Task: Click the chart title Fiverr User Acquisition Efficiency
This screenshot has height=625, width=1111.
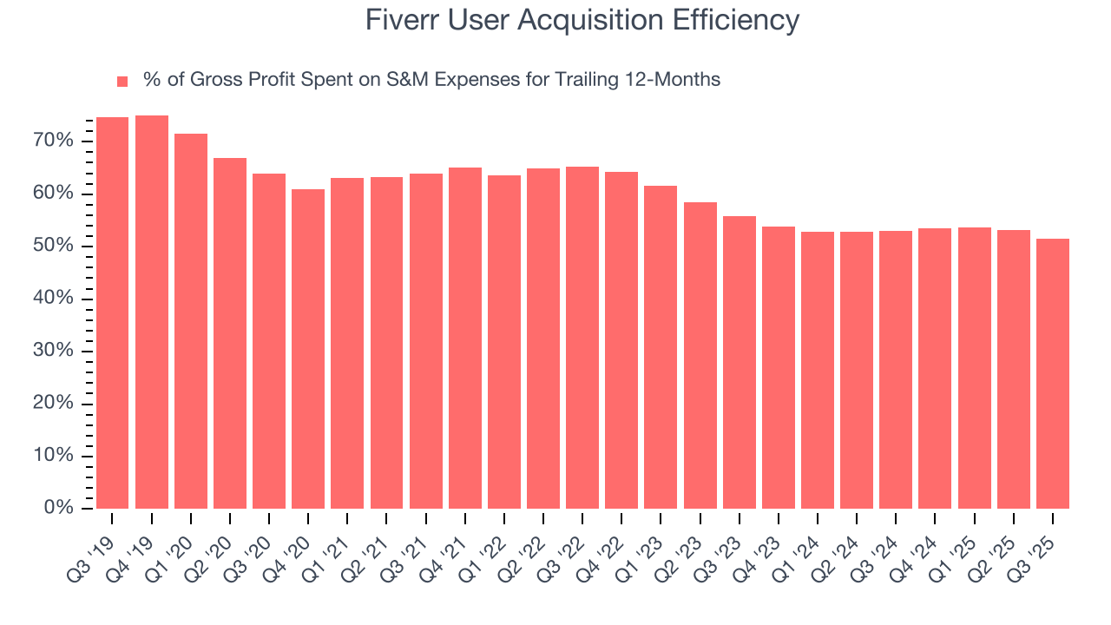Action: coord(582,20)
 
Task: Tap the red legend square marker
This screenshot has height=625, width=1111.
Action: coord(122,81)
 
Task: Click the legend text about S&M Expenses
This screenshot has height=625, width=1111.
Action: coord(431,80)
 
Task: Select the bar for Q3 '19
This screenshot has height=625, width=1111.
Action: coord(112,312)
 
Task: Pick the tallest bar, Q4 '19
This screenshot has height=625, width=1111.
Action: coord(152,312)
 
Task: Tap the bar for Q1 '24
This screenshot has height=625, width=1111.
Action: coord(818,370)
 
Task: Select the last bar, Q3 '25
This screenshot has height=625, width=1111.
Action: coord(1053,373)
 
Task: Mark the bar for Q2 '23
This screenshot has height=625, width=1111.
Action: coord(700,355)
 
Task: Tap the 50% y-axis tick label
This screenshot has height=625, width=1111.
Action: coord(55,246)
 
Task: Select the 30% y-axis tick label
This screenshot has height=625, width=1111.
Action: coord(55,351)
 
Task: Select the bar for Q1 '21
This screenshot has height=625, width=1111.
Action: coord(347,343)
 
